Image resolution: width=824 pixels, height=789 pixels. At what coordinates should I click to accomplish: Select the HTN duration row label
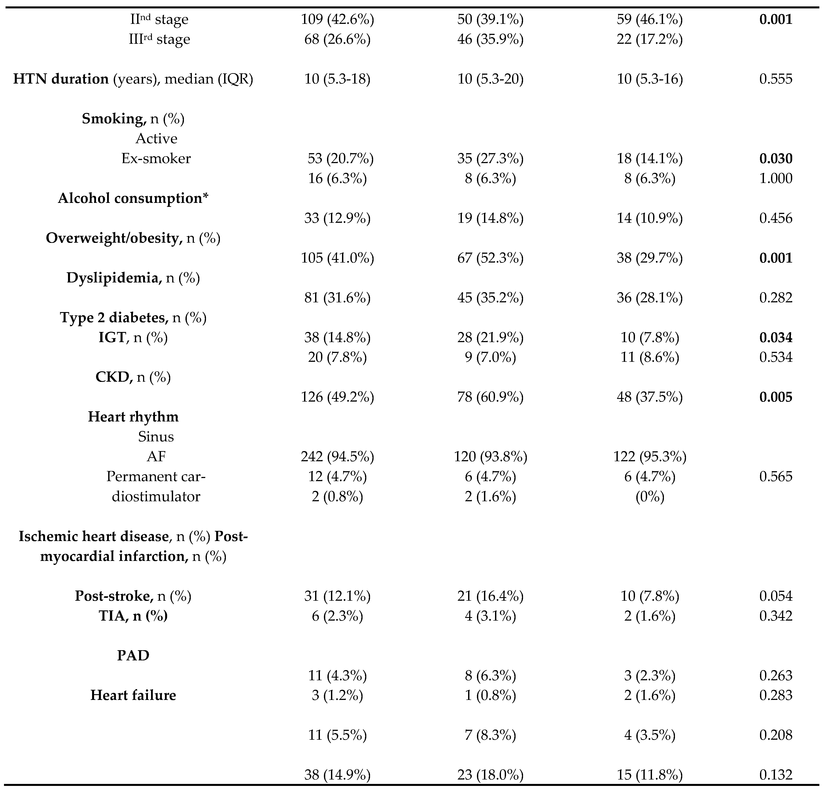pos(133,79)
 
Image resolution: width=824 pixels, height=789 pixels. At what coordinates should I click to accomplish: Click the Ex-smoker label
pos(156,158)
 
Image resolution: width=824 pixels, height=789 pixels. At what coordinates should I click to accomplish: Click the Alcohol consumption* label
pos(133,198)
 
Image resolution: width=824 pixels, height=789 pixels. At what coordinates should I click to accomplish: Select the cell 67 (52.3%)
pos(490,258)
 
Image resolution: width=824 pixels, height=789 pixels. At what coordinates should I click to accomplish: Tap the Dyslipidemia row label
pos(133,278)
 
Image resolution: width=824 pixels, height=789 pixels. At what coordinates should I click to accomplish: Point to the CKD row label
pos(133,377)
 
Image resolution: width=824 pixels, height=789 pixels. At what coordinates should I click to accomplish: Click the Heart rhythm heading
pos(133,417)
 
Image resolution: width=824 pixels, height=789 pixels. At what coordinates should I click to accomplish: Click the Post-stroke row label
pos(133,596)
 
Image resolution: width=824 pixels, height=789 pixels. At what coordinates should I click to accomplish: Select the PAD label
pos(133,656)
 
